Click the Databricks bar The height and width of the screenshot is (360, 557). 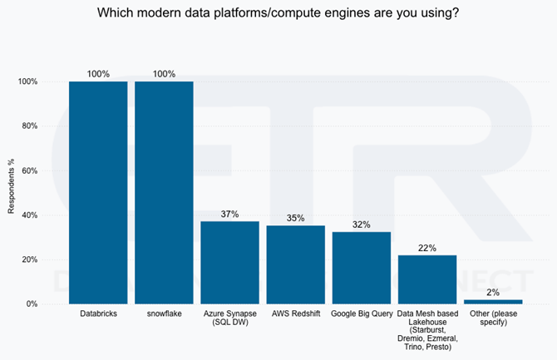98,192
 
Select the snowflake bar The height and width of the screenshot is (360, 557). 164,192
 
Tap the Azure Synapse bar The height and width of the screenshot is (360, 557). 229,262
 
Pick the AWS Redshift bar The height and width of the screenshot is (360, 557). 295,264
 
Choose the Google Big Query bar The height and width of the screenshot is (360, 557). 362,268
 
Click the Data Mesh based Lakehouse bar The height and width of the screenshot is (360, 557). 427,279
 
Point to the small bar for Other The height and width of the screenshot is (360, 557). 493,301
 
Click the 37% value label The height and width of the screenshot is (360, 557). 229,214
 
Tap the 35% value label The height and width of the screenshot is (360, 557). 295,218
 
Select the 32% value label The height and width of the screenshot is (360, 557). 362,224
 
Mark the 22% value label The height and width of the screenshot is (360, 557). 427,247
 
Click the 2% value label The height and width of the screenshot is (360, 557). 493,292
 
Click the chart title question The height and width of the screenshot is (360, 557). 278,12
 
